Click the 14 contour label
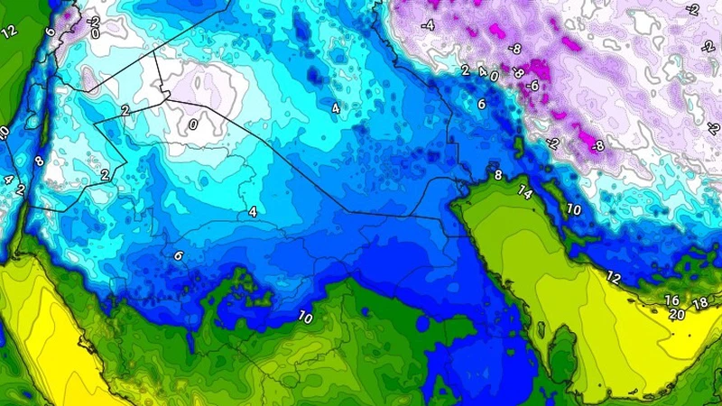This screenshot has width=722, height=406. (x=524, y=191)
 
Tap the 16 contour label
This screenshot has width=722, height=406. (x=671, y=300)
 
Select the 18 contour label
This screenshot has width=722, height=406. (x=700, y=302)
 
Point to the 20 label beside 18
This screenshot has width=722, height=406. (x=677, y=315)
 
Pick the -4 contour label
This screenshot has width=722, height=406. (x=428, y=25)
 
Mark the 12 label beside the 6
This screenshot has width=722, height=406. (x=10, y=32)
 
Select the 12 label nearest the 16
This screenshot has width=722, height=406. (x=614, y=277)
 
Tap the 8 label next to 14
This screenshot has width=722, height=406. (x=497, y=174)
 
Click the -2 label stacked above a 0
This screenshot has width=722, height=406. (x=94, y=20)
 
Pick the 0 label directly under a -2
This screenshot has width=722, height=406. (x=95, y=33)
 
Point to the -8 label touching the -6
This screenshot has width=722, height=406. (x=517, y=71)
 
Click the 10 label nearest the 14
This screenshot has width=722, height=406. (x=573, y=208)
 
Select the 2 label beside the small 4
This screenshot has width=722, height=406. (x=465, y=70)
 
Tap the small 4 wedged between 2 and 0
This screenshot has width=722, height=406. (x=482, y=71)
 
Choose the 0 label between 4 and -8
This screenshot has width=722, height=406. (x=494, y=77)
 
